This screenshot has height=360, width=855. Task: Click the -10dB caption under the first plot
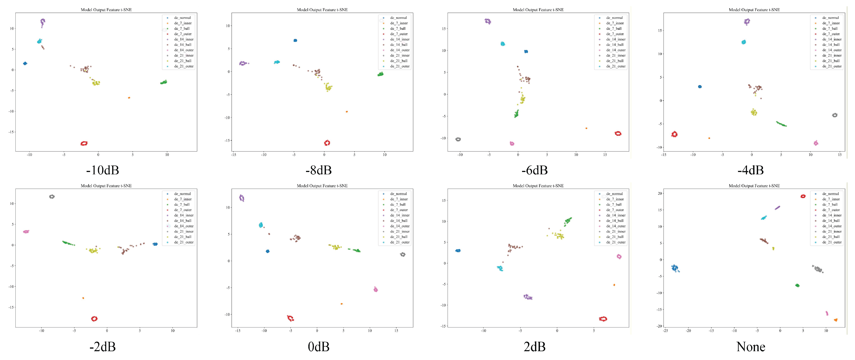[x=102, y=170]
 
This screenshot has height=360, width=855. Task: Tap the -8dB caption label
[x=318, y=170]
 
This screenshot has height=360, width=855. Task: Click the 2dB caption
[x=535, y=347]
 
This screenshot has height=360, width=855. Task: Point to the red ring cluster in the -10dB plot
[x=84, y=144]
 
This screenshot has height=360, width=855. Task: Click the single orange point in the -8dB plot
[x=347, y=111]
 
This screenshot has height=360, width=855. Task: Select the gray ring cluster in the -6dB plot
[x=458, y=139]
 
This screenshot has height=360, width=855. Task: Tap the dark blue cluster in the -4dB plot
[x=700, y=87]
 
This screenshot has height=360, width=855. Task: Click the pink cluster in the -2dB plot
[x=26, y=231]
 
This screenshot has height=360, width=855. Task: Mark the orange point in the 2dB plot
[x=614, y=285]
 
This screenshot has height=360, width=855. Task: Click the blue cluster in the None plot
[x=675, y=268]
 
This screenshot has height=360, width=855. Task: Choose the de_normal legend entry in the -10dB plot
[x=182, y=18]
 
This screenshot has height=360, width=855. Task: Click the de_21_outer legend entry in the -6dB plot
[x=616, y=66]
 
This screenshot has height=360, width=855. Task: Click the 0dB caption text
[x=318, y=347]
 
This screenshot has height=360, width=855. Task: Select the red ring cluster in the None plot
[x=803, y=196]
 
